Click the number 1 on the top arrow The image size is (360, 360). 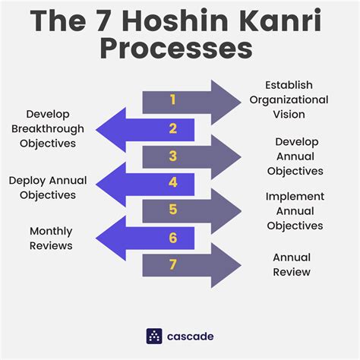click(x=173, y=99)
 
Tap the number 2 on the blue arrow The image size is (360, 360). click(x=173, y=128)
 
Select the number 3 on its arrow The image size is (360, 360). click(x=173, y=156)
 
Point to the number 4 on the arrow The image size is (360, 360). click(x=173, y=182)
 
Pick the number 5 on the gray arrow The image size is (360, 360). click(x=173, y=210)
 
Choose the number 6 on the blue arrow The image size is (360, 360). click(x=173, y=238)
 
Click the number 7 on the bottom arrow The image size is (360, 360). click(x=173, y=264)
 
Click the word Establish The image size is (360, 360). click(x=289, y=85)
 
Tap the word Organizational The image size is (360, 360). click(x=289, y=100)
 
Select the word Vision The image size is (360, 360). click(x=289, y=115)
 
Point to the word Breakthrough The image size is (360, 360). click(x=48, y=129)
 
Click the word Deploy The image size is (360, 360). click(x=27, y=181)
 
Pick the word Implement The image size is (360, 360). click(x=295, y=197)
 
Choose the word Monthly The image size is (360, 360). click(x=51, y=232)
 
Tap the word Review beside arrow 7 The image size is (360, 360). click(x=292, y=272)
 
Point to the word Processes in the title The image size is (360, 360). click(x=176, y=48)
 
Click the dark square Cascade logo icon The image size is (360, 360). click(x=154, y=336)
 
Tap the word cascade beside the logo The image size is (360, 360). click(x=191, y=336)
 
